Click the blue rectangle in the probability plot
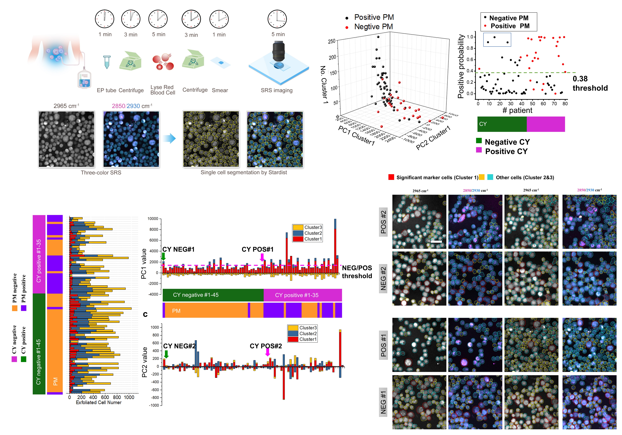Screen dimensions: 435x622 pos(497,40)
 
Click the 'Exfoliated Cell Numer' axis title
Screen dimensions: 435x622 pos(99,402)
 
